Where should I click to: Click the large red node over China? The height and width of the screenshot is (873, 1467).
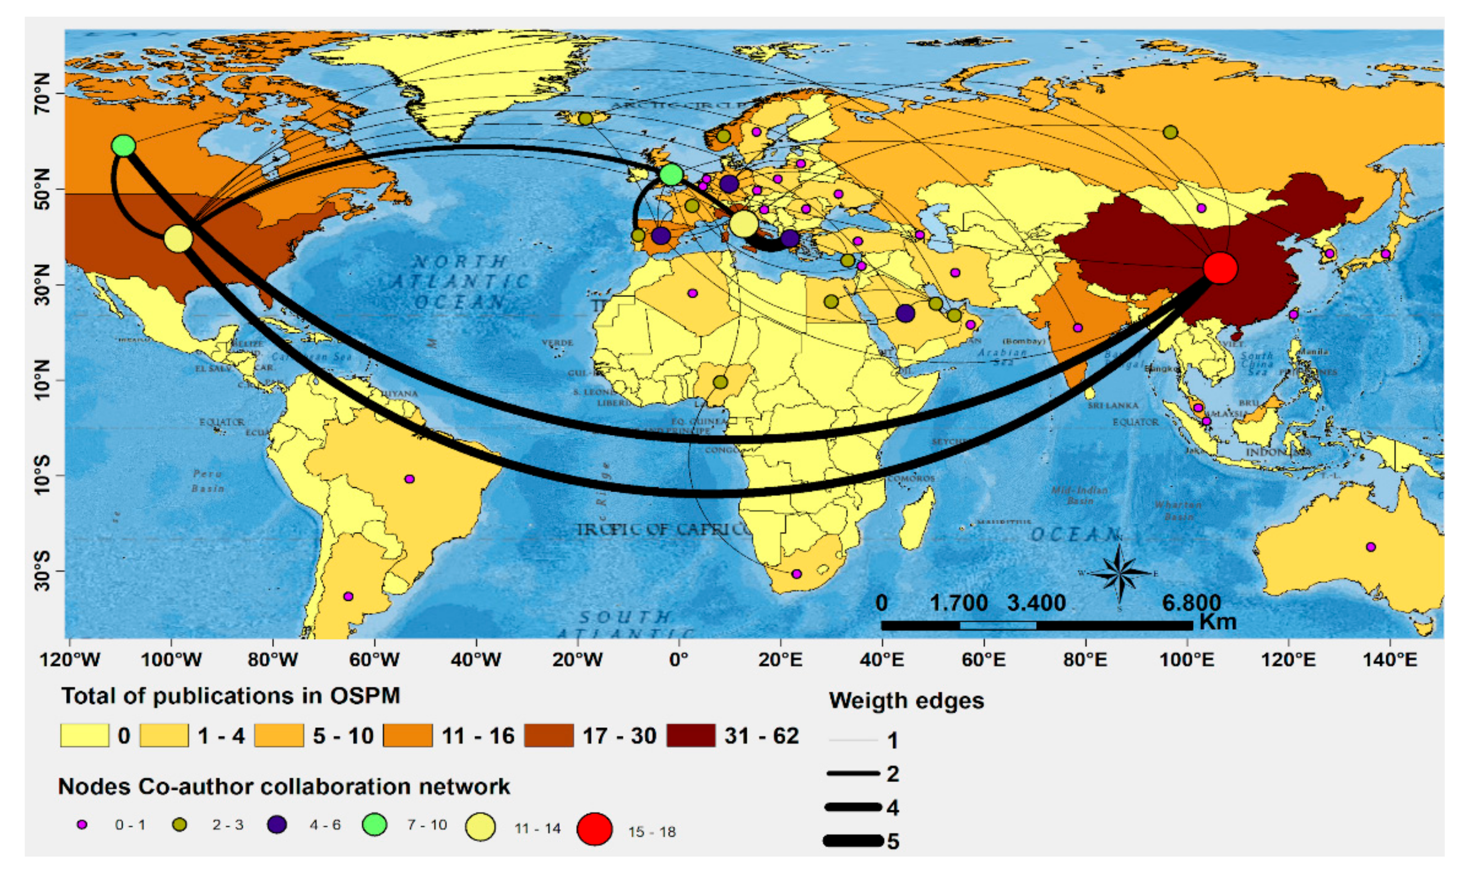[1220, 268]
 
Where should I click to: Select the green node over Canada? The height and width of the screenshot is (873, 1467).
[123, 145]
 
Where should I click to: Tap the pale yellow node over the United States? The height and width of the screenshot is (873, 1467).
[178, 238]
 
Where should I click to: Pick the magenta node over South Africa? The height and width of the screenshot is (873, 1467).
[796, 574]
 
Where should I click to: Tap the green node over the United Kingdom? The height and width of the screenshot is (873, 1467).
[671, 174]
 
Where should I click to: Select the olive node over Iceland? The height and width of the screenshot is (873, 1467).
[585, 119]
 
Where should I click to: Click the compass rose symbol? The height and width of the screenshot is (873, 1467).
[1119, 574]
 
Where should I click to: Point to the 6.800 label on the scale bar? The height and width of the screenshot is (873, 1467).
[1191, 603]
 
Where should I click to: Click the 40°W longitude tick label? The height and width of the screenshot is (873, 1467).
[476, 659]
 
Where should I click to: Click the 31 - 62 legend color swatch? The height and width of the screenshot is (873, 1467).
[691, 735]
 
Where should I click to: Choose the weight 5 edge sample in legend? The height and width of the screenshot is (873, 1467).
[853, 841]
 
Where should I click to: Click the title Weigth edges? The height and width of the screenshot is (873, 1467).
[906, 701]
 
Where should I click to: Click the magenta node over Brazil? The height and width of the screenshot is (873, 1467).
[409, 479]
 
